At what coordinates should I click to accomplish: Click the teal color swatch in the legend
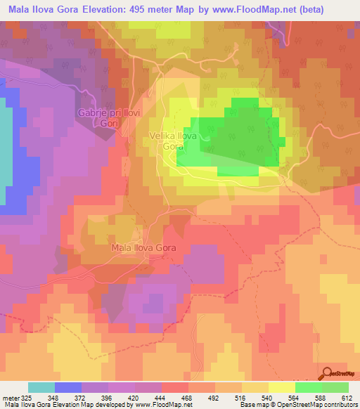pos(41,387)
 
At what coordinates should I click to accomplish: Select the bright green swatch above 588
pos(308,387)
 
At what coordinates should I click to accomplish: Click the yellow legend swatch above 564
pos(281,387)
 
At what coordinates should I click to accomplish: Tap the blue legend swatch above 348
pos(68,387)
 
